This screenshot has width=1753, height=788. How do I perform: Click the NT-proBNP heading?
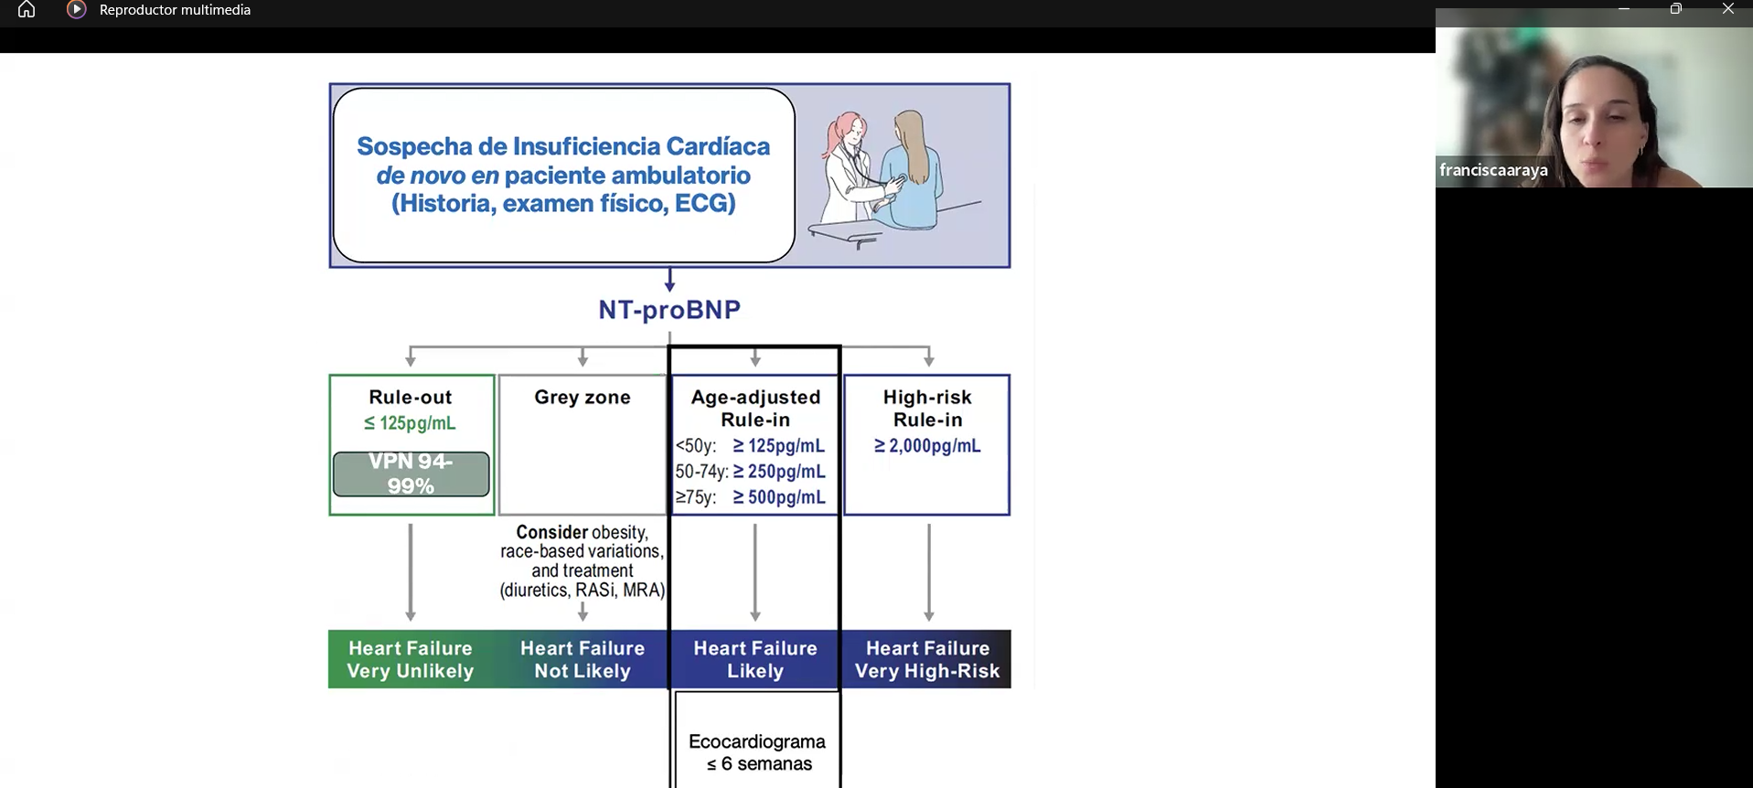coord(669,310)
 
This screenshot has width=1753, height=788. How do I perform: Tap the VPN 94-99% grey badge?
coord(411,474)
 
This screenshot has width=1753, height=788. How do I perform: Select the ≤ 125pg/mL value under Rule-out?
coord(410,423)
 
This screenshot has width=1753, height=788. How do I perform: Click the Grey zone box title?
coord(583,398)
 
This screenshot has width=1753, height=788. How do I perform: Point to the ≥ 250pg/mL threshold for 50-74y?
coord(779,472)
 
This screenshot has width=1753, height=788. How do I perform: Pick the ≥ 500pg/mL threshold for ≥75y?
coord(779,497)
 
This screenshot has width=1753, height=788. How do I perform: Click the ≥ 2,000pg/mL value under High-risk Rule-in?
coord(927,446)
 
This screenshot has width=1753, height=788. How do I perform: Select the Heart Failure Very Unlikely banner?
coord(410,659)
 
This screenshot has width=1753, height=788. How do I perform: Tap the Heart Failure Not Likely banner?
coord(583,659)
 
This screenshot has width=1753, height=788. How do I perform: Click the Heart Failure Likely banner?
coord(755,659)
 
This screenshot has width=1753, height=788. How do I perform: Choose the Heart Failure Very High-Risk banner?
coord(927,659)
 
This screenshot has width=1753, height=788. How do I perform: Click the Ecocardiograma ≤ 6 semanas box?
coord(757,751)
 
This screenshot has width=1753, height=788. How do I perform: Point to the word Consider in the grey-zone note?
coord(552,532)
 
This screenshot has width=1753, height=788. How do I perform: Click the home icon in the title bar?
coord(27,10)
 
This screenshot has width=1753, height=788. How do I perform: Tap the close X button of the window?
coord(1727,9)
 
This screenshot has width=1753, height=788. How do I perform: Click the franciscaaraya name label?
coord(1493,170)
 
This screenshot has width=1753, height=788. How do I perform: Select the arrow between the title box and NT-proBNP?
coord(669,280)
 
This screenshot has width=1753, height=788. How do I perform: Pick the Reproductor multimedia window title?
coord(175,10)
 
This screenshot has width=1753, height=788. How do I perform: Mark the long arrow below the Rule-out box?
coord(411,571)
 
